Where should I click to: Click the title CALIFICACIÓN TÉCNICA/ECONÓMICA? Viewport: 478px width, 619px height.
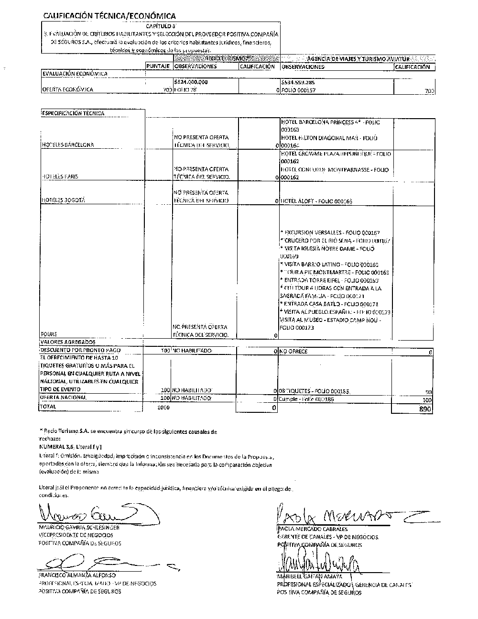pos(109,16)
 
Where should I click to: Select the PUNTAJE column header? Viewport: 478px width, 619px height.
pos(158,66)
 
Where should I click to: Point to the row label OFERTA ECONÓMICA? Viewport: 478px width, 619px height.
pos(68,89)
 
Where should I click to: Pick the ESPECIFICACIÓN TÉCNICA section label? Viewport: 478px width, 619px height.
pos(73,113)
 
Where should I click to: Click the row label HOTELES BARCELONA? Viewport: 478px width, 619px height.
pos(68,144)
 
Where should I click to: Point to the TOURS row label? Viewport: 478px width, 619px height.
pos(49,334)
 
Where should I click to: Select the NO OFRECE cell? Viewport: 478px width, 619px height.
pos(293,352)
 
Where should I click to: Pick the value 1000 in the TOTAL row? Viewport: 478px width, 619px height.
pos(163,408)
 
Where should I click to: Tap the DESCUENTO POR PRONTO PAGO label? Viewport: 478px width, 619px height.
pos(77,351)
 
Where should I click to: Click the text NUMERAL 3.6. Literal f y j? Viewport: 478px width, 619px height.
pos(72,446)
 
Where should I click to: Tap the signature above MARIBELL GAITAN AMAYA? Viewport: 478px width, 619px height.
pos(318,564)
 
